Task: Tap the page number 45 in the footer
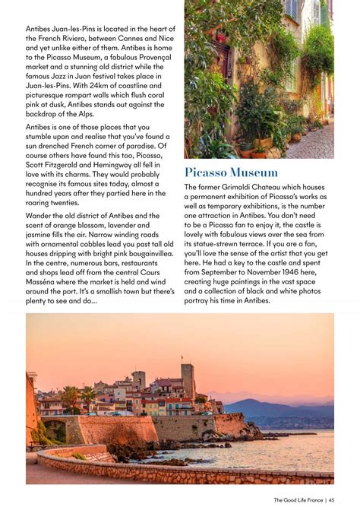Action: (x=333, y=499)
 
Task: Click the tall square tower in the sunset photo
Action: (x=188, y=382)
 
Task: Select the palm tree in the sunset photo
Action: (x=70, y=396)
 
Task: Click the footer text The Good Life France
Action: (x=299, y=499)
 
